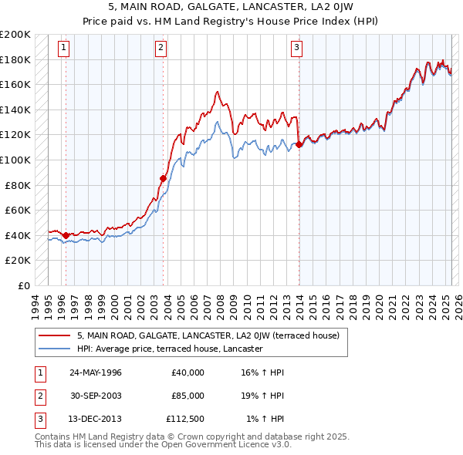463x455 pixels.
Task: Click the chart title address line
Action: [231, 5]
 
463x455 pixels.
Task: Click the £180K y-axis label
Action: [16, 59]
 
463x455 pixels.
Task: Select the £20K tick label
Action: [19, 261]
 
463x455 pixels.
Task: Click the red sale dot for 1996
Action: [66, 235]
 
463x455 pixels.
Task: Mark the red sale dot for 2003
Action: [163, 178]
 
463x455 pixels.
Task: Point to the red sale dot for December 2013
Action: [299, 144]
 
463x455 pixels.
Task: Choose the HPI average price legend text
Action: [170, 349]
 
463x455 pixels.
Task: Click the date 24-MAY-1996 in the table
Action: [96, 372]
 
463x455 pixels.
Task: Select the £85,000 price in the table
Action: [188, 396]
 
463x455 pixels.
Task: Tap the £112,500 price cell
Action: [185, 420]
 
